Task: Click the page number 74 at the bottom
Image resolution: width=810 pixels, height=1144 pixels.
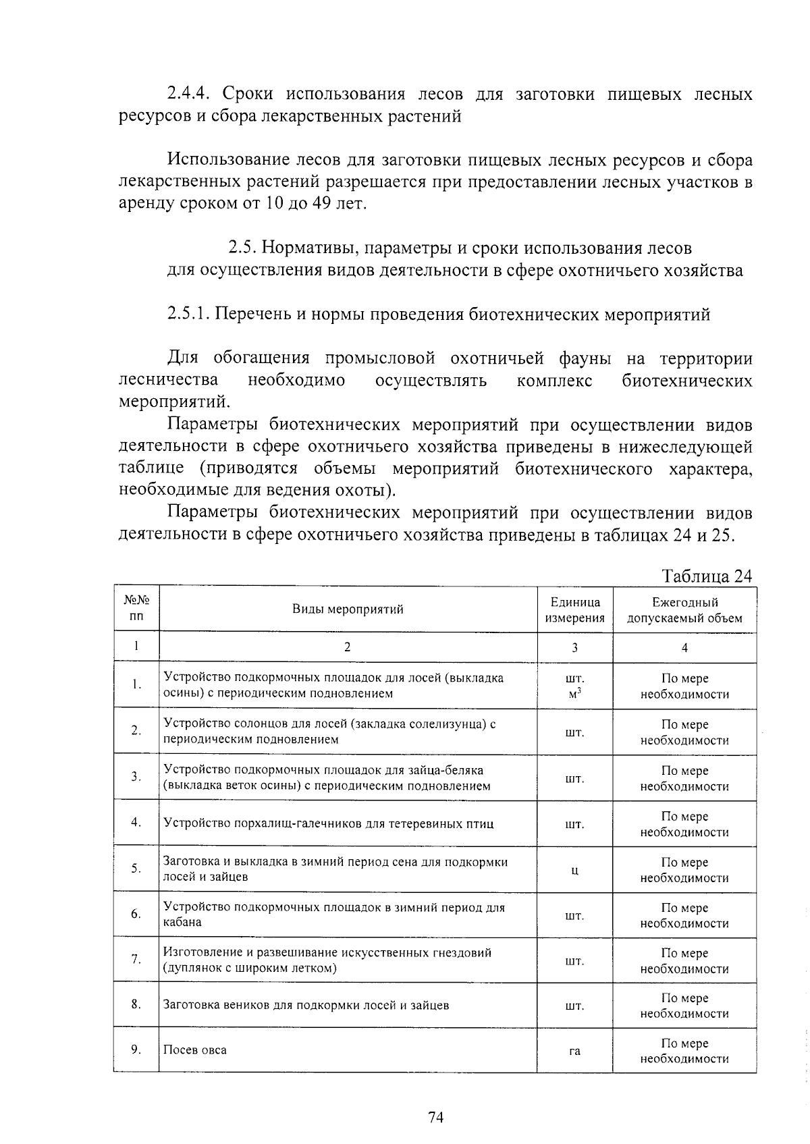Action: coord(435,1118)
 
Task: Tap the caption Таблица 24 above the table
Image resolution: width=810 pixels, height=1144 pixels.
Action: coord(707,576)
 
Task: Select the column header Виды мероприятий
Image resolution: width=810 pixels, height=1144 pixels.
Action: coord(348,609)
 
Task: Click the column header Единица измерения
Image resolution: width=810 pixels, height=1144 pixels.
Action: coord(574,609)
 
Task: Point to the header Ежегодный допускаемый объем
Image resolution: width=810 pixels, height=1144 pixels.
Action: coord(684,609)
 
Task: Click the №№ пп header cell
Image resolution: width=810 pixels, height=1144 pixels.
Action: coord(136,609)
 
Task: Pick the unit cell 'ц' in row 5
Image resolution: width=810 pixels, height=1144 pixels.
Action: coord(574,870)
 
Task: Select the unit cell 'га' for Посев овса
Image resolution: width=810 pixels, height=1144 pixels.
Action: coord(574,1051)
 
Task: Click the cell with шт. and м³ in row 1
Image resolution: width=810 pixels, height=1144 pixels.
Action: coord(574,686)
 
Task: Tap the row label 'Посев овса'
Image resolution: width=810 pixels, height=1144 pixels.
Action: coord(195,1050)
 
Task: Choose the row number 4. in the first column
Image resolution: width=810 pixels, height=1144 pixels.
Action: coord(136,822)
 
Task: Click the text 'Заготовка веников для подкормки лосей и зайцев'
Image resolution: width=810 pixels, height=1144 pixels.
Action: coord(306,1005)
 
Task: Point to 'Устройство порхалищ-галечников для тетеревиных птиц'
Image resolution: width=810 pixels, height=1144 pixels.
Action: coord(329,823)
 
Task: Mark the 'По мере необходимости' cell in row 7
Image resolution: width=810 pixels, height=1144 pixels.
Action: coord(684,960)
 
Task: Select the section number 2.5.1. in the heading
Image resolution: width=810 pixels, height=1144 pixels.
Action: coord(189,315)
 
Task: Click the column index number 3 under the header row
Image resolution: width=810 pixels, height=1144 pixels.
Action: coord(574,647)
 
